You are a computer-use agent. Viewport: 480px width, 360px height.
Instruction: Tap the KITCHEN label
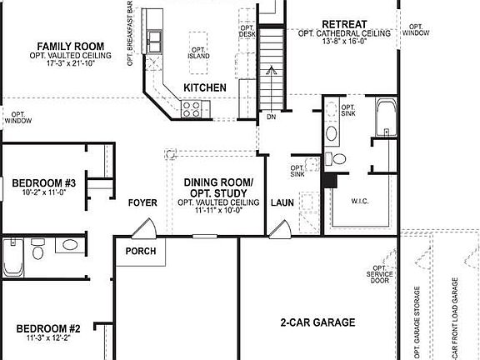(205, 87)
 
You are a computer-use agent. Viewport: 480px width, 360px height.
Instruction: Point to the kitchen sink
(154, 38)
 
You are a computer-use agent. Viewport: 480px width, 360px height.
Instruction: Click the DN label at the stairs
(271, 117)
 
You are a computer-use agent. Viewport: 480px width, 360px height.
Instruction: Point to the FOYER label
(142, 202)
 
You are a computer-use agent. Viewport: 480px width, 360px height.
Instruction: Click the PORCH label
(141, 251)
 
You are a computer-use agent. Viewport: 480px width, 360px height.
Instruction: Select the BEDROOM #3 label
(44, 182)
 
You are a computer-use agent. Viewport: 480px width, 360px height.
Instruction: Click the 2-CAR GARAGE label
(317, 322)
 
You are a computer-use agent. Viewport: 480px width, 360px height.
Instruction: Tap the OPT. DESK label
(247, 31)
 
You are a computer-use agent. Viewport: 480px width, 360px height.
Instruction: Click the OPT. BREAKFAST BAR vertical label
(130, 33)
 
